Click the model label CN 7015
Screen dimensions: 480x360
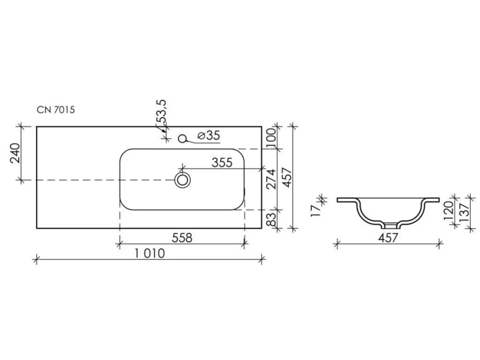[x=56, y=109]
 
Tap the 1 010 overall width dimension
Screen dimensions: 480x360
[x=150, y=253]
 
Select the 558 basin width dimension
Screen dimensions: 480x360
[x=182, y=238]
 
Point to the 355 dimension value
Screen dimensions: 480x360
[x=222, y=162]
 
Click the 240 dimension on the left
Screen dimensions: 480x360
[x=15, y=153]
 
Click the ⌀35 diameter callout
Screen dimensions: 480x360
[x=209, y=135]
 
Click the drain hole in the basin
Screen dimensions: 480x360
[x=183, y=180]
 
